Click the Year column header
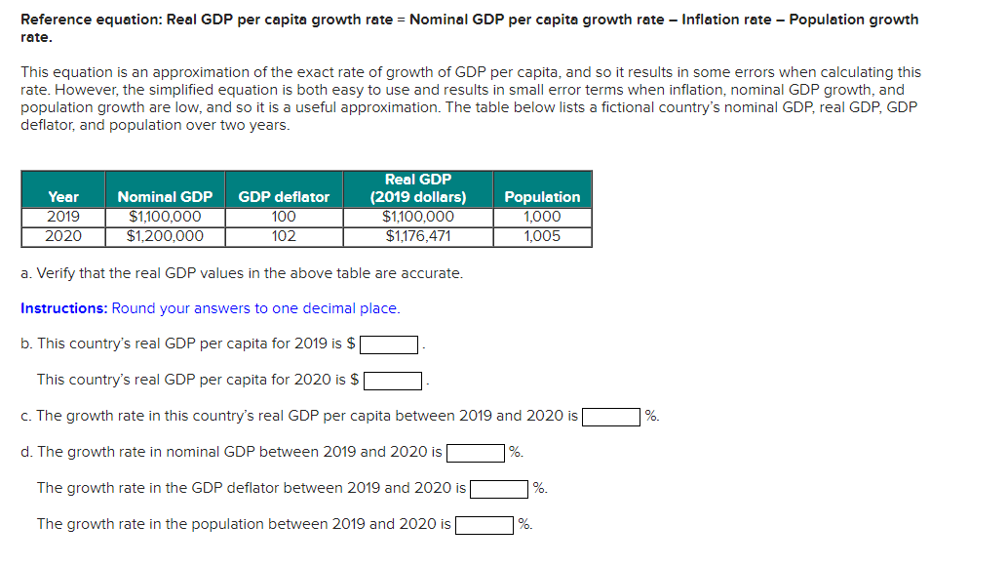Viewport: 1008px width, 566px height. pyautogui.click(x=63, y=196)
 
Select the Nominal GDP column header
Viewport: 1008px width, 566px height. pyautogui.click(x=165, y=196)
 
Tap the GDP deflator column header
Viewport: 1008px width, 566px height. pyautogui.click(x=284, y=196)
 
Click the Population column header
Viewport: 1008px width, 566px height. pyautogui.click(x=542, y=196)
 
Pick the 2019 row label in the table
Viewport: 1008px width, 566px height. pyautogui.click(x=63, y=217)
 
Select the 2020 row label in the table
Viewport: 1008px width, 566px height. pyautogui.click(x=63, y=235)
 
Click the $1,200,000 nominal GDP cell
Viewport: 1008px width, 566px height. pyautogui.click(x=165, y=235)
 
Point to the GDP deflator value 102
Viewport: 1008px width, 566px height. pyautogui.click(x=284, y=235)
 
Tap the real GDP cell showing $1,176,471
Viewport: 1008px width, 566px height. pyautogui.click(x=418, y=235)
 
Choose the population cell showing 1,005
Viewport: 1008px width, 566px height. pyautogui.click(x=542, y=235)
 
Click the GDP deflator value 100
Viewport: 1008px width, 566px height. pyautogui.click(x=284, y=217)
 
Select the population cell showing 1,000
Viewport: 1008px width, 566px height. pyautogui.click(x=542, y=217)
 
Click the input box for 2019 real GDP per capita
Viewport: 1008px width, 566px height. pyautogui.click(x=390, y=344)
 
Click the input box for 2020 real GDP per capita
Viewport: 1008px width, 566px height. pyautogui.click(x=393, y=381)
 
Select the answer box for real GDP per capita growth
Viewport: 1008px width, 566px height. pyautogui.click(x=610, y=417)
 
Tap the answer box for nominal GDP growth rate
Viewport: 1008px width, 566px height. pyautogui.click(x=476, y=453)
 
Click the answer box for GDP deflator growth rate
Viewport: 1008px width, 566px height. pyautogui.click(x=499, y=489)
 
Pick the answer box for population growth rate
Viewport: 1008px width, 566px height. pyautogui.click(x=485, y=525)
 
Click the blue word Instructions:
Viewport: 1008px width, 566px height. pyautogui.click(x=64, y=308)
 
